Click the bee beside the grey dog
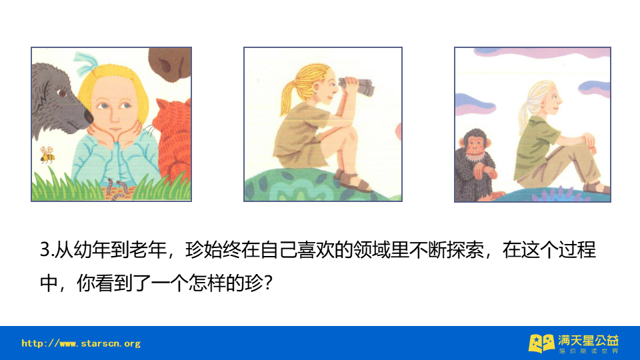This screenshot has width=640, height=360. click(47, 155)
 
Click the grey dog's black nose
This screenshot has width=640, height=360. click(88, 117)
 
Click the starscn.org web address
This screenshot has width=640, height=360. click(81, 344)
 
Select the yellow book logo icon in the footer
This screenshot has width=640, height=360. click(541, 343)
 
